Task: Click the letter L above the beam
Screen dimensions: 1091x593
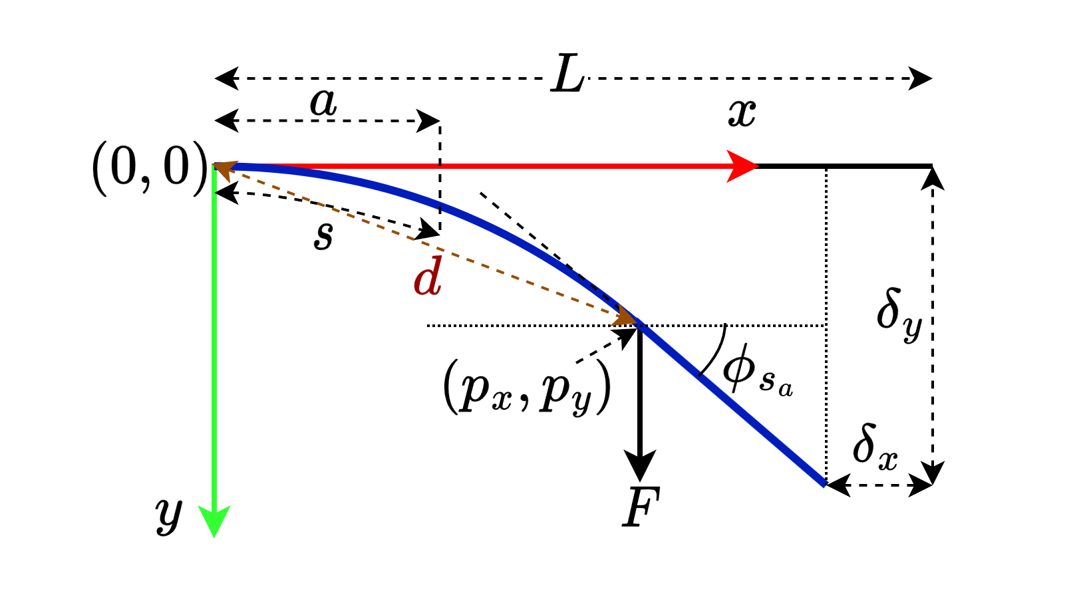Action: click(x=567, y=74)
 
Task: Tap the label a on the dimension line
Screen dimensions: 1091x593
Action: click(x=324, y=103)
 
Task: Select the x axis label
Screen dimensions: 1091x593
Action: click(x=742, y=114)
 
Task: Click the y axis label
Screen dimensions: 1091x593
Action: click(x=169, y=517)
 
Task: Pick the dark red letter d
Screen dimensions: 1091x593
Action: click(x=428, y=276)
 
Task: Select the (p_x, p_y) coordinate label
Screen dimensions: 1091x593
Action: click(x=527, y=387)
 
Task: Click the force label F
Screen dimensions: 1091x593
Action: click(x=641, y=507)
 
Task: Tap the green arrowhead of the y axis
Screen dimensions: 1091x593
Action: click(x=214, y=520)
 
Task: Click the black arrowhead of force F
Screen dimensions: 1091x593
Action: click(x=639, y=466)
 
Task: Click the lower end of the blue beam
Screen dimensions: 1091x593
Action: click(x=824, y=485)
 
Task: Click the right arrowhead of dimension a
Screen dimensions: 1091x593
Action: click(x=428, y=121)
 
